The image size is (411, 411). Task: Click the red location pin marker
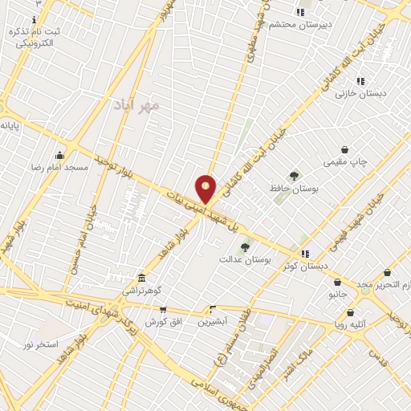pos(206,189)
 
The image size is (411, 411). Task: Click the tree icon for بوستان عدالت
pos(246,247)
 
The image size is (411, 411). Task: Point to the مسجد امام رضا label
pos(59,168)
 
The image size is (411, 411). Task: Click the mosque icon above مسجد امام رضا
pos(59,156)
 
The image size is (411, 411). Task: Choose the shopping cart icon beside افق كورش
pos(163,309)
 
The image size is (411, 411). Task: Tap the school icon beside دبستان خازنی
pos(360,81)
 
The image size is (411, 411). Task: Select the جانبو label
pos(337,294)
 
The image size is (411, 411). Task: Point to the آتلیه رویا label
pos(351,324)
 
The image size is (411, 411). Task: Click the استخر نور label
pos(40,344)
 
